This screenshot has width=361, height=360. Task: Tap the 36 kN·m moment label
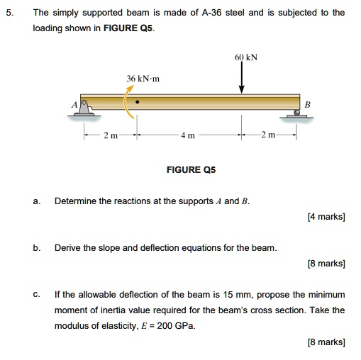point(143,78)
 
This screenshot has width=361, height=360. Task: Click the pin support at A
point(84,106)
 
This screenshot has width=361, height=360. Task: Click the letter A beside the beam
point(74,103)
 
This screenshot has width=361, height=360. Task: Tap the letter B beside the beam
point(307,103)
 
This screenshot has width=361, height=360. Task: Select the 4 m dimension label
point(185,135)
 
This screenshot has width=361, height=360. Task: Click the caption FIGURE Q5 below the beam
point(191,170)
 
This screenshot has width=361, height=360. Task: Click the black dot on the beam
point(138,101)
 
